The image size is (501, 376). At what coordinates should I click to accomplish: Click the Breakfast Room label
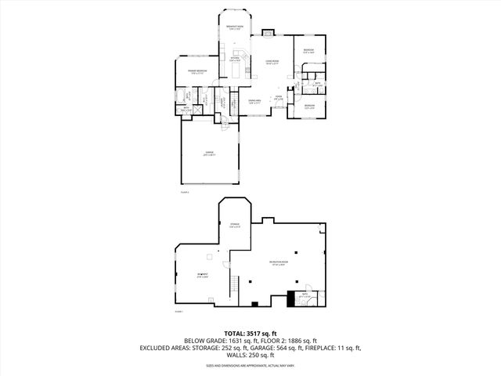(233, 27)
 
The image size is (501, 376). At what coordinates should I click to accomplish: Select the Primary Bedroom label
(196, 71)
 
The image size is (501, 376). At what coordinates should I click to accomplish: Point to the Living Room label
(272, 63)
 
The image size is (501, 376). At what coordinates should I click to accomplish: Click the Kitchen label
(235, 59)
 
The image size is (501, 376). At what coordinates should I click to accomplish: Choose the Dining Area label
(254, 100)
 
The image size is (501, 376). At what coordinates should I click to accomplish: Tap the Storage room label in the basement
(235, 225)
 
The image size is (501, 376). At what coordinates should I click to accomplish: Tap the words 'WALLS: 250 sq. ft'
(250, 355)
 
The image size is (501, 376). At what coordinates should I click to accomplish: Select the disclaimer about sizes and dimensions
(250, 365)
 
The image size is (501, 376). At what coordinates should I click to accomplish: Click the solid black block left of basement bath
(292, 298)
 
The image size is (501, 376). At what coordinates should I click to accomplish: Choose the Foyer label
(278, 98)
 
